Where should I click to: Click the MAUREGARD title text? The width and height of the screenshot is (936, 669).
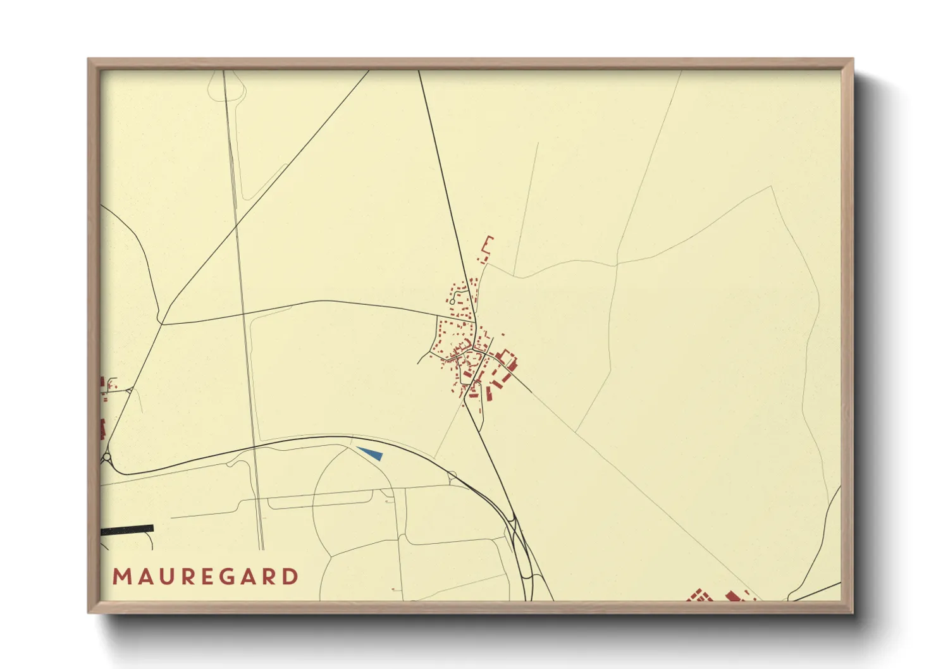tap(206, 577)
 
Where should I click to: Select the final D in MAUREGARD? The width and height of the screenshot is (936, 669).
tap(291, 577)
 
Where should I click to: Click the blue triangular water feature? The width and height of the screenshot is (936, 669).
tap(371, 453)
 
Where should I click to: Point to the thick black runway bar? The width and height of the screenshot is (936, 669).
tap(127, 529)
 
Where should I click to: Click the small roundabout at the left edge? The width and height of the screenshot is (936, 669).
tap(106, 457)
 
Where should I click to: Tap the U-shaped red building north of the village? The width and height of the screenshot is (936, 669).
tap(486, 249)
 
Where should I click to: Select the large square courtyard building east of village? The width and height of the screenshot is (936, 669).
tap(507, 360)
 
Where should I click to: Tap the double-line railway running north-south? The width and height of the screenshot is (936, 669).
tap(243, 316)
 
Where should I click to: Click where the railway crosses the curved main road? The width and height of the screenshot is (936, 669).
tap(255, 447)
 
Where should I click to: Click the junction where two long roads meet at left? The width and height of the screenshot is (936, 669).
tap(162, 324)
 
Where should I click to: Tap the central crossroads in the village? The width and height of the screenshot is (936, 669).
tap(473, 347)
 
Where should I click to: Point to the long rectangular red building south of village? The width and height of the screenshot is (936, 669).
tap(489, 393)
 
